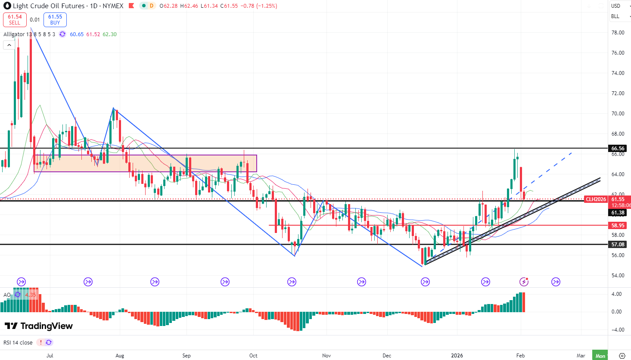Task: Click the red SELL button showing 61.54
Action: (x=15, y=20)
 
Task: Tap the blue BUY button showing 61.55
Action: (x=55, y=20)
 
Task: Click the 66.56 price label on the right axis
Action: (x=618, y=149)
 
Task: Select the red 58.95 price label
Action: (x=618, y=226)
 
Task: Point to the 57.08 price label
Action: (x=618, y=245)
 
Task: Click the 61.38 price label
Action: (x=618, y=213)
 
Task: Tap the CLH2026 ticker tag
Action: (x=596, y=199)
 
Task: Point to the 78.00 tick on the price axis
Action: (x=618, y=33)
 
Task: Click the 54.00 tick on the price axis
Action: (x=618, y=276)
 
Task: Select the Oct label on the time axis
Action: (x=253, y=356)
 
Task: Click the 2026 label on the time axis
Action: (x=457, y=356)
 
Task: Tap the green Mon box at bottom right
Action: (x=600, y=356)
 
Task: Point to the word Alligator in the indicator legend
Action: (x=14, y=34)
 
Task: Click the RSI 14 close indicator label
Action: (x=18, y=343)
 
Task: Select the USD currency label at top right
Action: (x=615, y=6)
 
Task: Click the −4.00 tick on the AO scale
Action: (x=616, y=330)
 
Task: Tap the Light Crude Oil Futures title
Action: (x=49, y=6)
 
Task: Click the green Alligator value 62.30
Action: (x=109, y=34)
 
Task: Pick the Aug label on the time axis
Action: (x=120, y=356)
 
